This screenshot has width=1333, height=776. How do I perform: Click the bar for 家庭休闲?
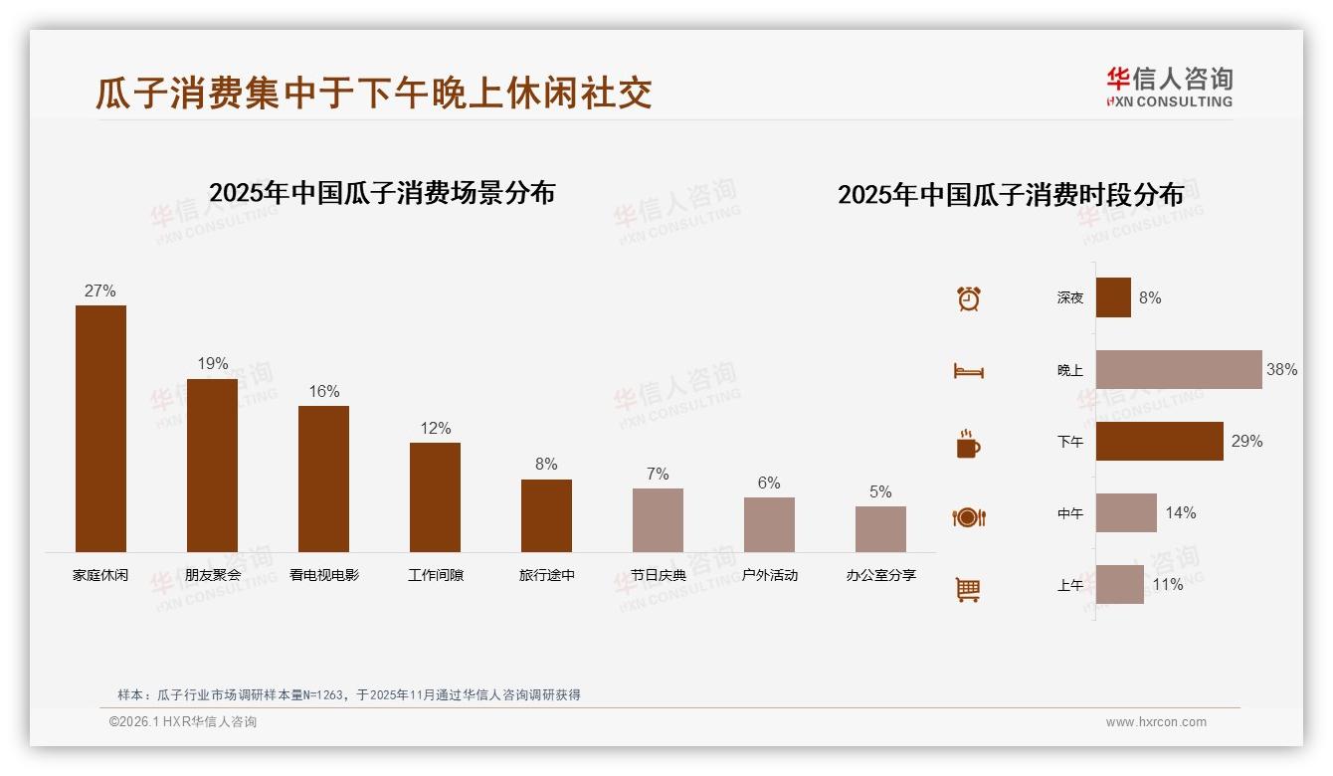[100, 428]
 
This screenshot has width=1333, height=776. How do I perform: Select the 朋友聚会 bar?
[212, 465]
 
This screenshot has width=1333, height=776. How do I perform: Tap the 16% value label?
[324, 391]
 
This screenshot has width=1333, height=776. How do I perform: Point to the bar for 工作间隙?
[435, 496]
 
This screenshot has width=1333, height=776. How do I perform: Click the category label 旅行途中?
[546, 575]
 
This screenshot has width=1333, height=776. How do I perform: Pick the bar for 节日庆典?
[658, 519]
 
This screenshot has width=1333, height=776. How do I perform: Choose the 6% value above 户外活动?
[769, 483]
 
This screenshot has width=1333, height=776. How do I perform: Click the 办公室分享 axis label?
[880, 575]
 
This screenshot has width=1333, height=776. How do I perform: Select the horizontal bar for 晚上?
[1179, 369]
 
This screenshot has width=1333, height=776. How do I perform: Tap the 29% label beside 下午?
[1246, 441]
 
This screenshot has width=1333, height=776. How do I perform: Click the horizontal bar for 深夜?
[1113, 297]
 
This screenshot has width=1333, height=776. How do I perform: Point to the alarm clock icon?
[969, 298]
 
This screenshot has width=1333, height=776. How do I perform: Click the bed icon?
[969, 371]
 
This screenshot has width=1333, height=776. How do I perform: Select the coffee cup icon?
[968, 444]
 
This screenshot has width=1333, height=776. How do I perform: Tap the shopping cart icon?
[968, 589]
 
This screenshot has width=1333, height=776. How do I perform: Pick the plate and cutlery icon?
[969, 517]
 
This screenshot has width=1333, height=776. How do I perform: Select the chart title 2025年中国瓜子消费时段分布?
[1011, 194]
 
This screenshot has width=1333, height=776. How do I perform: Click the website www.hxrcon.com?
[1156, 722]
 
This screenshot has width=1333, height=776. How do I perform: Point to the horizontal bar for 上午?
[1120, 584]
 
